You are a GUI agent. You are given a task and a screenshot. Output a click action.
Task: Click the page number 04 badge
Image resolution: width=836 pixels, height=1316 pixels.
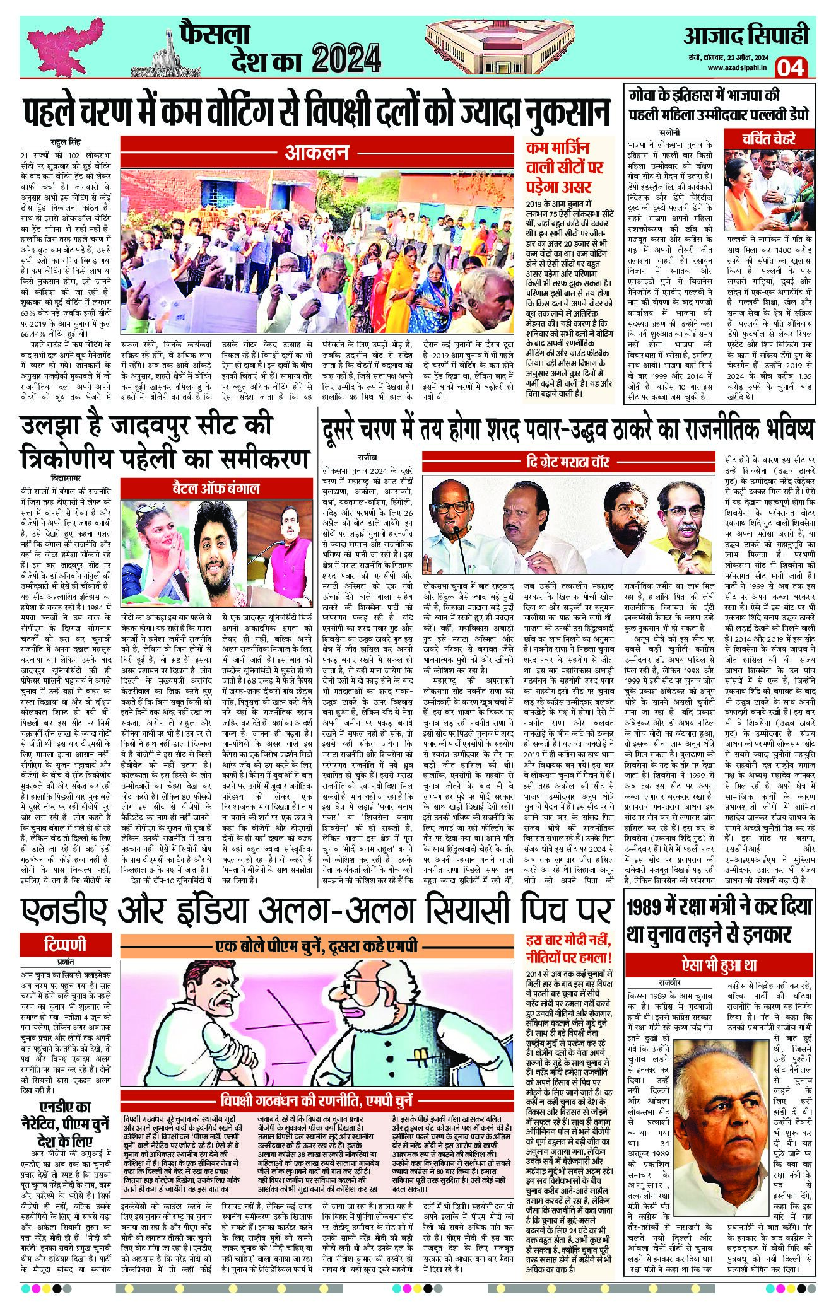pyautogui.click(x=791, y=67)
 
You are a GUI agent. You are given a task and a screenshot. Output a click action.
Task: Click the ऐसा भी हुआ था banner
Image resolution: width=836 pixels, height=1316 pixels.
pyautogui.click(x=718, y=964)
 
